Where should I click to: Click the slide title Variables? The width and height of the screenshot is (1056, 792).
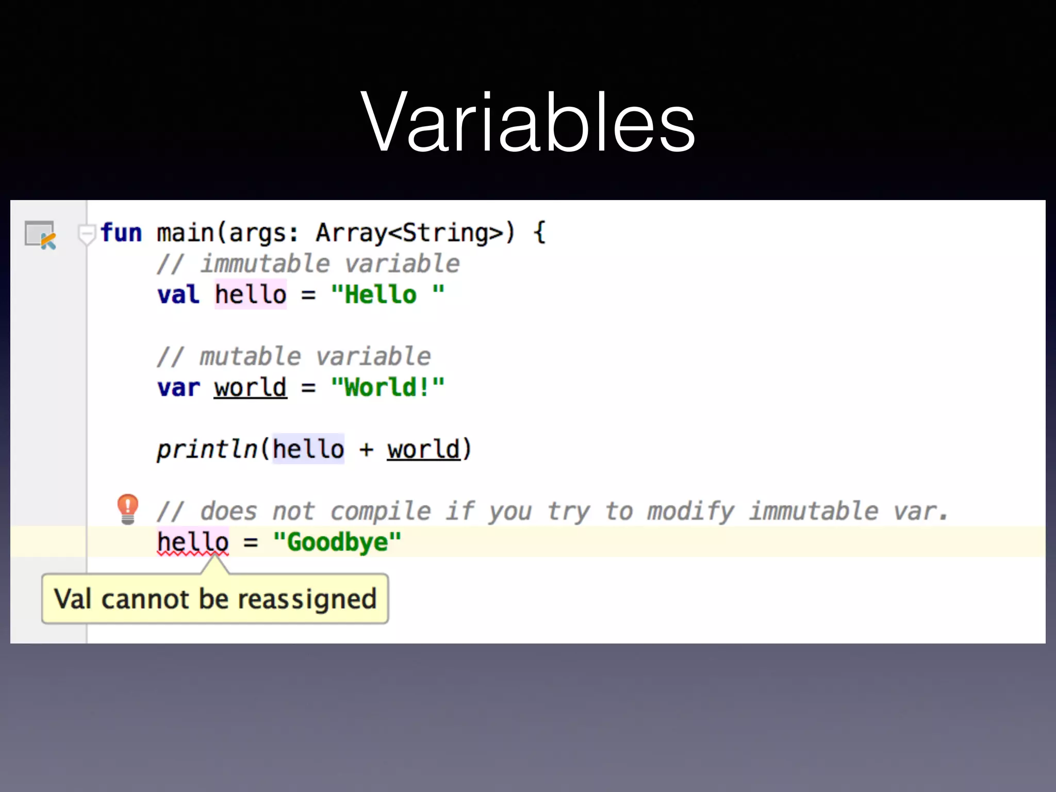tap(528, 123)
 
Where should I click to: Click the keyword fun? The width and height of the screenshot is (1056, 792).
tap(122, 233)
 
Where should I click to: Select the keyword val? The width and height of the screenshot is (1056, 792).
tap(178, 295)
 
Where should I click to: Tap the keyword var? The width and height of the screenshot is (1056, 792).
tap(178, 388)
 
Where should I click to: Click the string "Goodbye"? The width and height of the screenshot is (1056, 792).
tap(337, 542)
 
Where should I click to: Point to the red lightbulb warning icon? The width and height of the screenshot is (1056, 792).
tap(127, 508)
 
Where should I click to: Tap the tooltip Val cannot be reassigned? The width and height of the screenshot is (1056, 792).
tap(215, 599)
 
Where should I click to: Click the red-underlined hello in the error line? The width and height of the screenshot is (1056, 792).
tap(193, 542)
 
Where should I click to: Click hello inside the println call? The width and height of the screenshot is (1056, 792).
tap(308, 450)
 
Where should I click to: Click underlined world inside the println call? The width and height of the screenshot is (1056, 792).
tap(423, 450)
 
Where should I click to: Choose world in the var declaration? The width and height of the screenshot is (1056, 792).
tap(251, 388)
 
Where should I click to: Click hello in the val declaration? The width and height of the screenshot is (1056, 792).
tap(251, 295)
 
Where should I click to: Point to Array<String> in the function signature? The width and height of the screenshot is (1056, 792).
tap(409, 233)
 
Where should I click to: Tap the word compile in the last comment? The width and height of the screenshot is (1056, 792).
tap(381, 511)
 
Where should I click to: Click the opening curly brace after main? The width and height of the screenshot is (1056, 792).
tap(539, 233)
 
